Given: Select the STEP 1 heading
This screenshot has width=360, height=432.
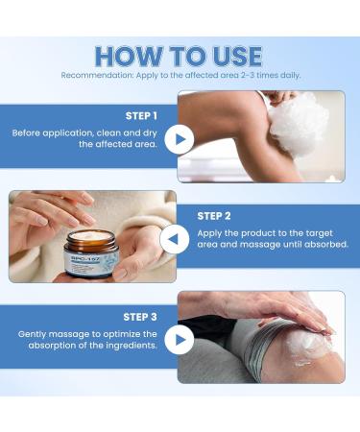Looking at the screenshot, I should [x=142, y=115].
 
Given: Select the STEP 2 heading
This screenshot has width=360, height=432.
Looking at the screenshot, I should [x=218, y=216].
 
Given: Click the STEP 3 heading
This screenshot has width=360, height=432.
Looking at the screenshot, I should [x=142, y=316].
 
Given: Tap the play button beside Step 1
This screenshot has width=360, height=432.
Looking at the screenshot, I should [x=178, y=140].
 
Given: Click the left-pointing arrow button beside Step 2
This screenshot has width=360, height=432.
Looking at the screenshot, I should [x=175, y=239].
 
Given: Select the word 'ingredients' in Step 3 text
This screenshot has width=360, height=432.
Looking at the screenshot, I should [x=132, y=346].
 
